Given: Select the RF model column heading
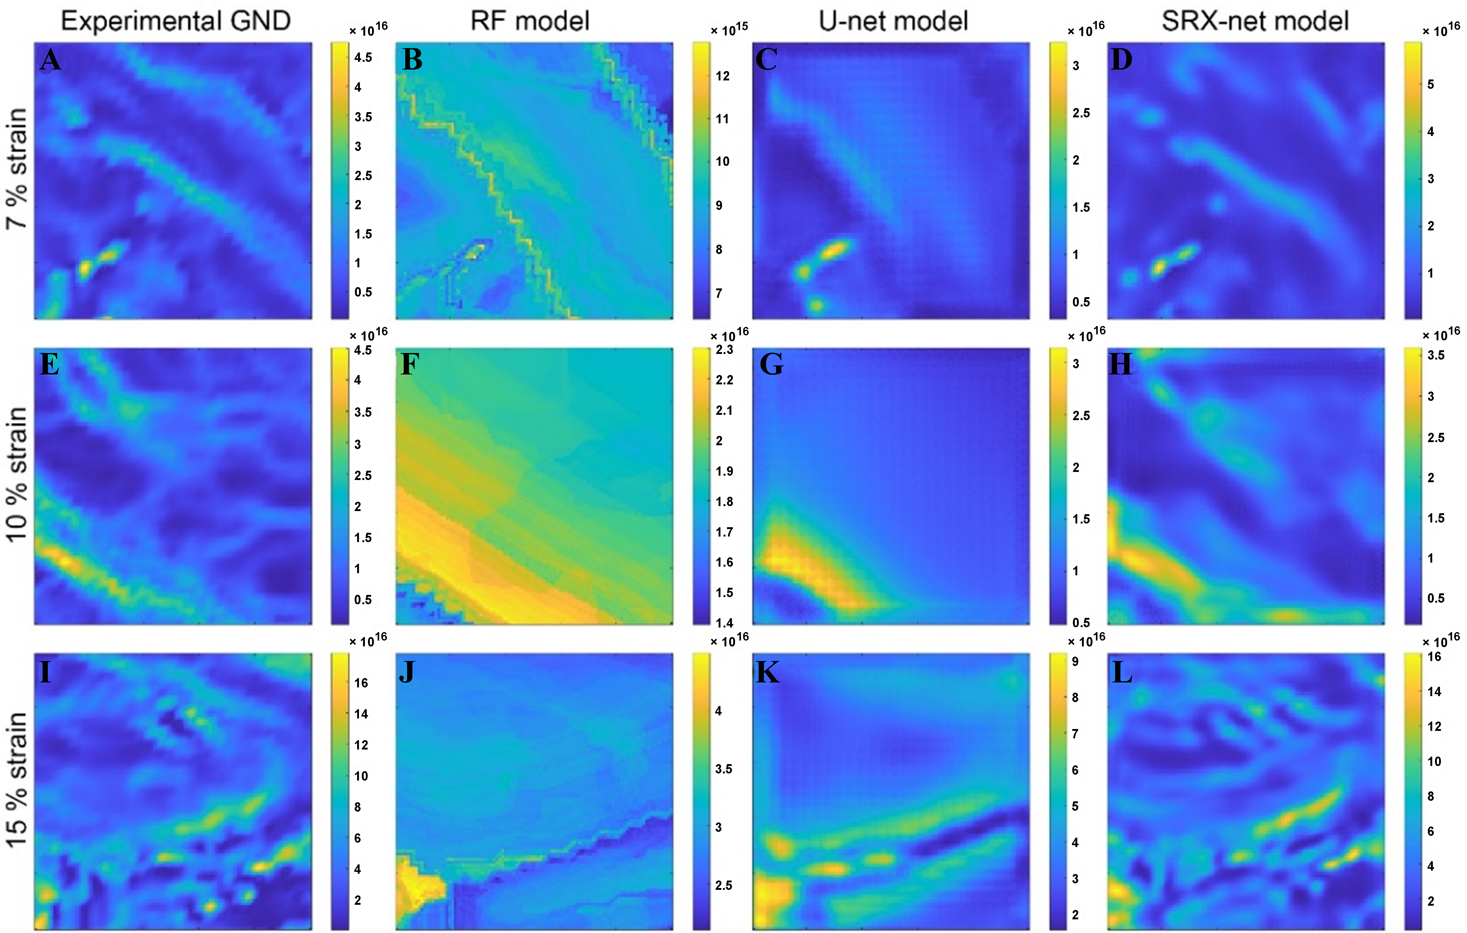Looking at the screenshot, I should coord(530,21).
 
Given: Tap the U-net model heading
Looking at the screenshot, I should coord(893,21).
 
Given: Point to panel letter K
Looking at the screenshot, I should coord(767,673).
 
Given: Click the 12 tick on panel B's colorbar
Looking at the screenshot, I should coord(723,76).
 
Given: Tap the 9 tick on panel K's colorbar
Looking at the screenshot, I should coord(1075,661).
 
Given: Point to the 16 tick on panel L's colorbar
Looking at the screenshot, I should coord(1435,656).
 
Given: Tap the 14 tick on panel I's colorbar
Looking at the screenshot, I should coord(361,714).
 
